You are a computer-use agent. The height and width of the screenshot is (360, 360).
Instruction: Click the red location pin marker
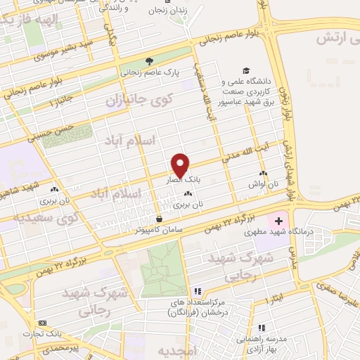click(x=181, y=165)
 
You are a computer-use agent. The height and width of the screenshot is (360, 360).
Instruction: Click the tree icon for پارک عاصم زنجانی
click(x=148, y=61)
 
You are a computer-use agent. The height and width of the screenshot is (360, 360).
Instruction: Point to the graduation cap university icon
click(x=246, y=71)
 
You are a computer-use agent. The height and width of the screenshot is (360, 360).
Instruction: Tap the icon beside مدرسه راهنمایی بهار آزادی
click(x=261, y=328)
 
